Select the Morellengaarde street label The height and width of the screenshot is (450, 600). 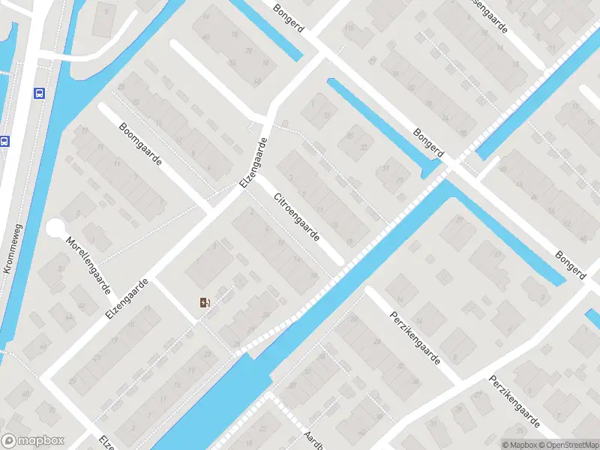point(89,265)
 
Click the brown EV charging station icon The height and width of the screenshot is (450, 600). point(205,303)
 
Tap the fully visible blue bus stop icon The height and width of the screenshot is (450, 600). point(38,93)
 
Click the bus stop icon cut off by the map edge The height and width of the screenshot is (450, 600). point(4,140)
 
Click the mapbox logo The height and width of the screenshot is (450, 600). point(33,441)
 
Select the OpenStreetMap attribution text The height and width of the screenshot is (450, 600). point(563,445)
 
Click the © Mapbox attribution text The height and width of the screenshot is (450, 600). point(519,445)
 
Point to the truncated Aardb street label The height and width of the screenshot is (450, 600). point(313,439)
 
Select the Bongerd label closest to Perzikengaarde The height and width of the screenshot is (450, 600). point(570,266)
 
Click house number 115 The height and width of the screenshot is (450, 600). point(349,29)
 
